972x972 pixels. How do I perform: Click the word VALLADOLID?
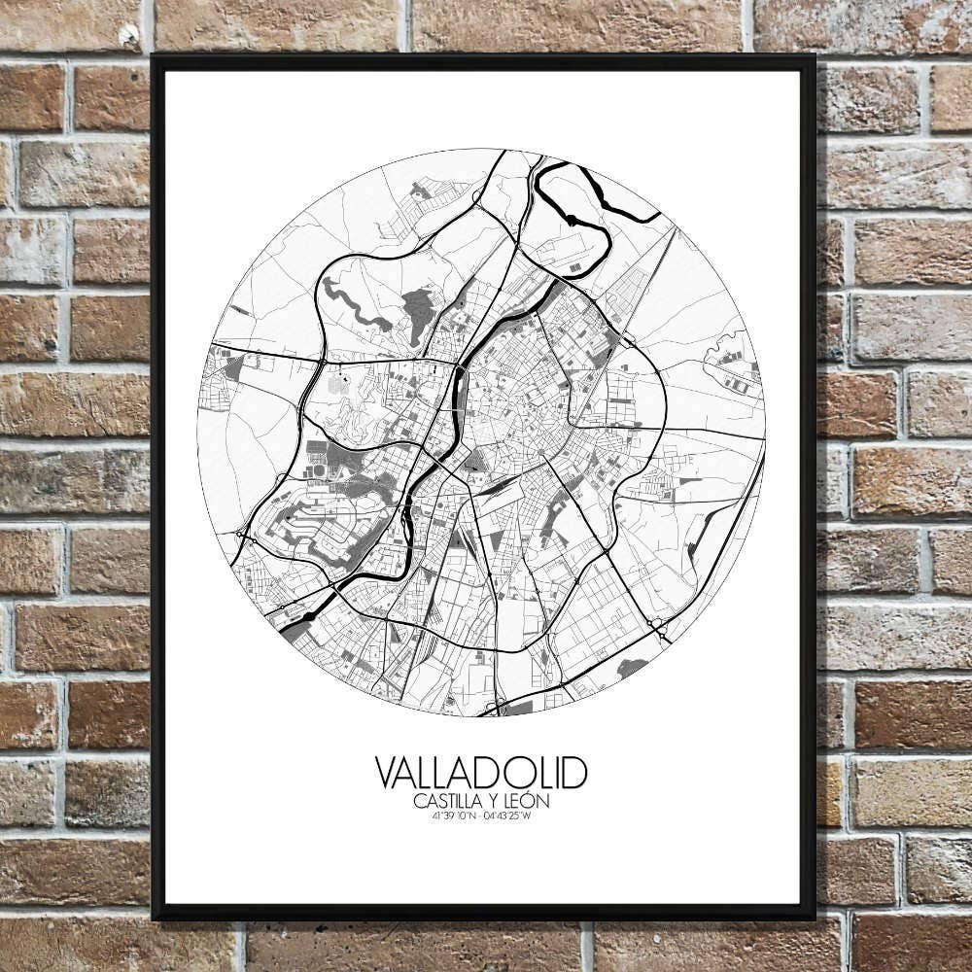(x=481, y=774)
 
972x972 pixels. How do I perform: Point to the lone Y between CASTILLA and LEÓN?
(x=497, y=802)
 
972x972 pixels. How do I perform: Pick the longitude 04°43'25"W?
(x=507, y=816)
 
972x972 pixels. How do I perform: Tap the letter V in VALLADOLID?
(x=385, y=774)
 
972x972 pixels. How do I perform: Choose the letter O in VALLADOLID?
(x=530, y=774)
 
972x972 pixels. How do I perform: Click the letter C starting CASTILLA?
(x=418, y=802)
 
